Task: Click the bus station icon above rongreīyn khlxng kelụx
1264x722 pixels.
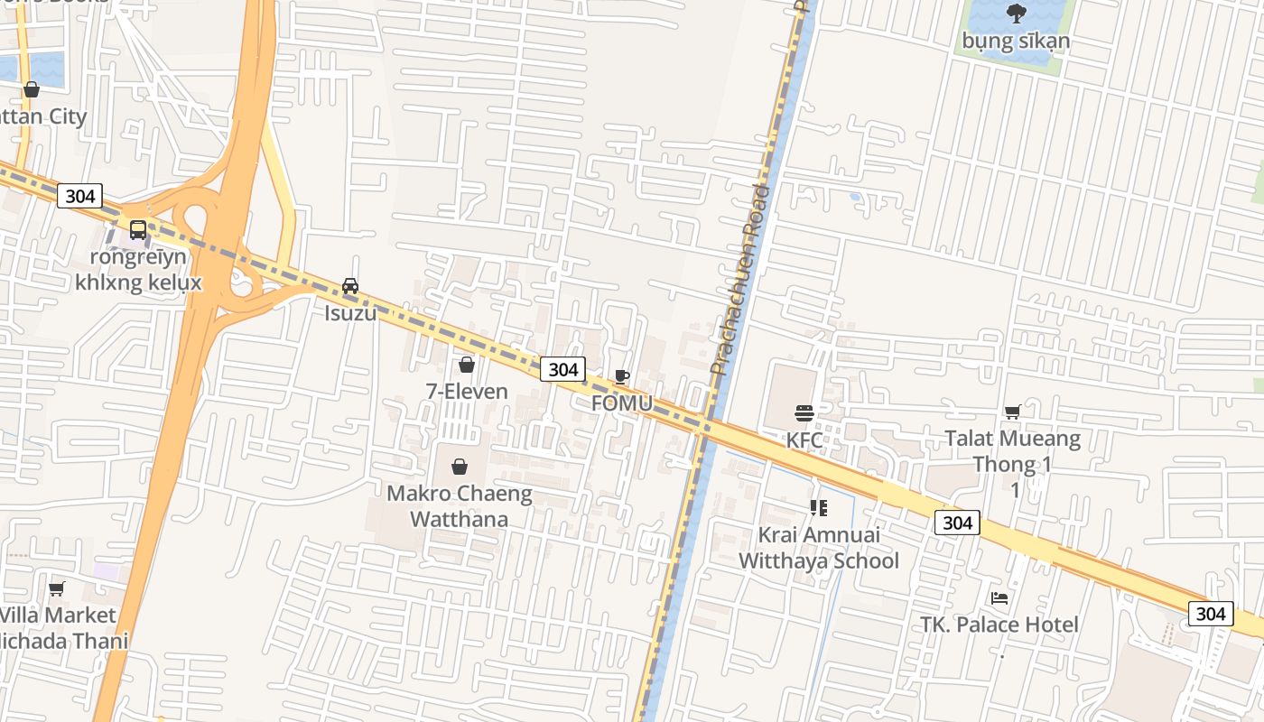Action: coord(138,230)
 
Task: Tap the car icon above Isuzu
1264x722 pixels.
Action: coord(350,286)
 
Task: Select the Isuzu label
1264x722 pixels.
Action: coord(350,313)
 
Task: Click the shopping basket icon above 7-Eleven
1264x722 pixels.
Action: coord(467,365)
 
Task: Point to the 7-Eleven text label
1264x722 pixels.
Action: coord(467,392)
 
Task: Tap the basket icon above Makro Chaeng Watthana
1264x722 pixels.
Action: coord(460,467)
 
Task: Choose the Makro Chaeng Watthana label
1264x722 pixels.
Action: coord(460,506)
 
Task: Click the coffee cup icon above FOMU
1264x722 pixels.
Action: coord(621,376)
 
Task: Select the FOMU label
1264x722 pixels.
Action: coord(621,403)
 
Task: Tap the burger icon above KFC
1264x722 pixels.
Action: coord(804,413)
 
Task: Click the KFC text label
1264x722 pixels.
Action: coord(804,440)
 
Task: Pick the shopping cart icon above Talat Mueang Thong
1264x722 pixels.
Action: coord(1013,412)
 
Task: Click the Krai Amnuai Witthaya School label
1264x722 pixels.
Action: coord(819,548)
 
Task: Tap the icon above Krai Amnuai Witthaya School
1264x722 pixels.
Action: coord(819,508)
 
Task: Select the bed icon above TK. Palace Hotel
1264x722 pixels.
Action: coord(999,597)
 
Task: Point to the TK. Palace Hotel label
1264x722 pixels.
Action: coord(999,625)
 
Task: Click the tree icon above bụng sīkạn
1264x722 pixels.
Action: coord(1016,14)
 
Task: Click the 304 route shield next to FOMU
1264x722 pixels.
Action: coord(562,369)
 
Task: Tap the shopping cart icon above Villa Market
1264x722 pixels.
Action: coord(57,588)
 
